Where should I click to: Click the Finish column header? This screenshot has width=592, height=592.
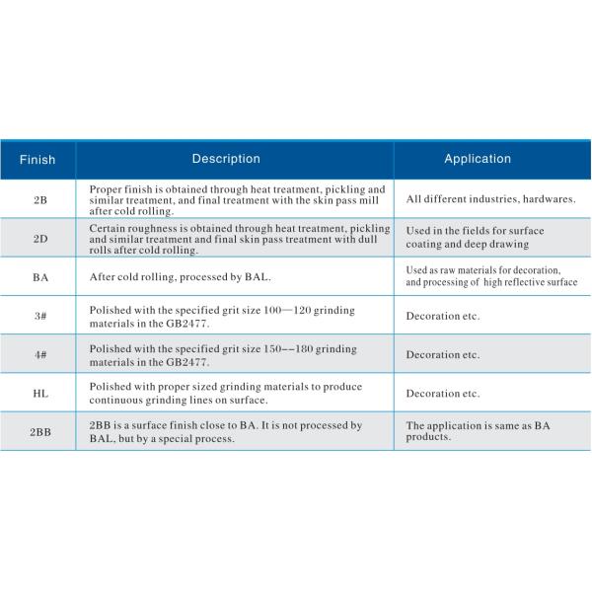(x=37, y=160)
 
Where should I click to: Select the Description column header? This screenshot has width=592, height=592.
(x=226, y=159)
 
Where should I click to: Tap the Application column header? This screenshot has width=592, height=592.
(x=478, y=159)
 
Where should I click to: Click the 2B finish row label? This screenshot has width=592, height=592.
(x=39, y=199)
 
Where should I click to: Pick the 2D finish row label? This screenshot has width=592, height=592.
(x=39, y=238)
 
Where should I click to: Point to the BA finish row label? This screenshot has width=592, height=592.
(x=39, y=277)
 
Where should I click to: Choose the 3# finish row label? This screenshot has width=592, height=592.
(x=39, y=316)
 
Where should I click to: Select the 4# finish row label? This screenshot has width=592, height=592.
(x=39, y=354)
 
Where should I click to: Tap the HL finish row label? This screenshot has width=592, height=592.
(x=39, y=393)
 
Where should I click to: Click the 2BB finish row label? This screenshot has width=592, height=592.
(x=39, y=432)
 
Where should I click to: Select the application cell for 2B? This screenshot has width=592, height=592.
(x=490, y=199)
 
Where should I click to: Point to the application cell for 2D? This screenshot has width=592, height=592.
(x=475, y=238)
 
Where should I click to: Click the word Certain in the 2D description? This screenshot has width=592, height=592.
(x=107, y=228)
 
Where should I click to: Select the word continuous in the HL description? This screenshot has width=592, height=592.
(x=120, y=400)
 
